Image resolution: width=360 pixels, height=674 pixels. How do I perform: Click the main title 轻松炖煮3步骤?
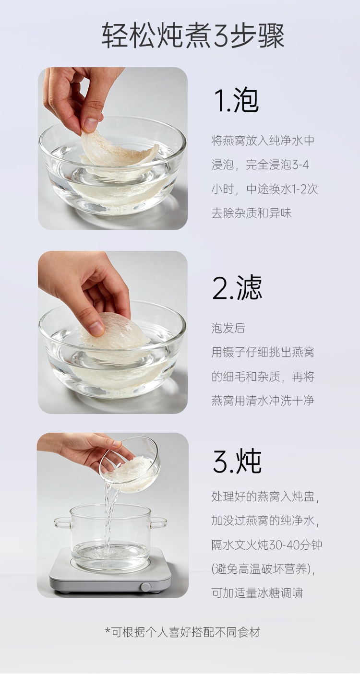pyautogui.click(x=193, y=36)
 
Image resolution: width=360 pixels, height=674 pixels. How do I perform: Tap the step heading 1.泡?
pyautogui.click(x=236, y=100)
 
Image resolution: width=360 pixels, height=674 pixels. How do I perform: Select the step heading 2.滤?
pyautogui.click(x=237, y=287)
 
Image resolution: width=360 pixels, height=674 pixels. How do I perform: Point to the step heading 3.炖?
pyautogui.click(x=237, y=461)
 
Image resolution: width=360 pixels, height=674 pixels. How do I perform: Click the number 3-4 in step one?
pyautogui.click(x=300, y=165)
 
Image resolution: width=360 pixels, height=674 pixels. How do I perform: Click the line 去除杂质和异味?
pyautogui.click(x=252, y=213)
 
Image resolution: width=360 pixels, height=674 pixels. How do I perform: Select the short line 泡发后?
pyautogui.click(x=228, y=328)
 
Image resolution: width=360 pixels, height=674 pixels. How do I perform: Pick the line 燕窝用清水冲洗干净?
pyautogui.click(x=263, y=401)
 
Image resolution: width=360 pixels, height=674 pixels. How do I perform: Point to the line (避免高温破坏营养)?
pyautogui.click(x=263, y=569)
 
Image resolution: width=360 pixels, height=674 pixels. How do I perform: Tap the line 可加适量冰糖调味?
pyautogui.click(x=257, y=593)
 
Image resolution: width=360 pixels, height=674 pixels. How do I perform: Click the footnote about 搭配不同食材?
pyautogui.click(x=182, y=632)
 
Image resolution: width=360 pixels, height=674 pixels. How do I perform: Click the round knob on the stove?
pyautogui.click(x=146, y=587)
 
